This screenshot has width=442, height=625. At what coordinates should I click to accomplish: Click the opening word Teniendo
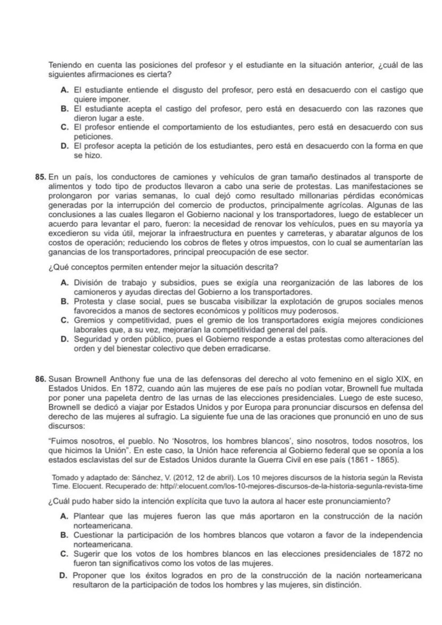(x=65, y=65)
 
